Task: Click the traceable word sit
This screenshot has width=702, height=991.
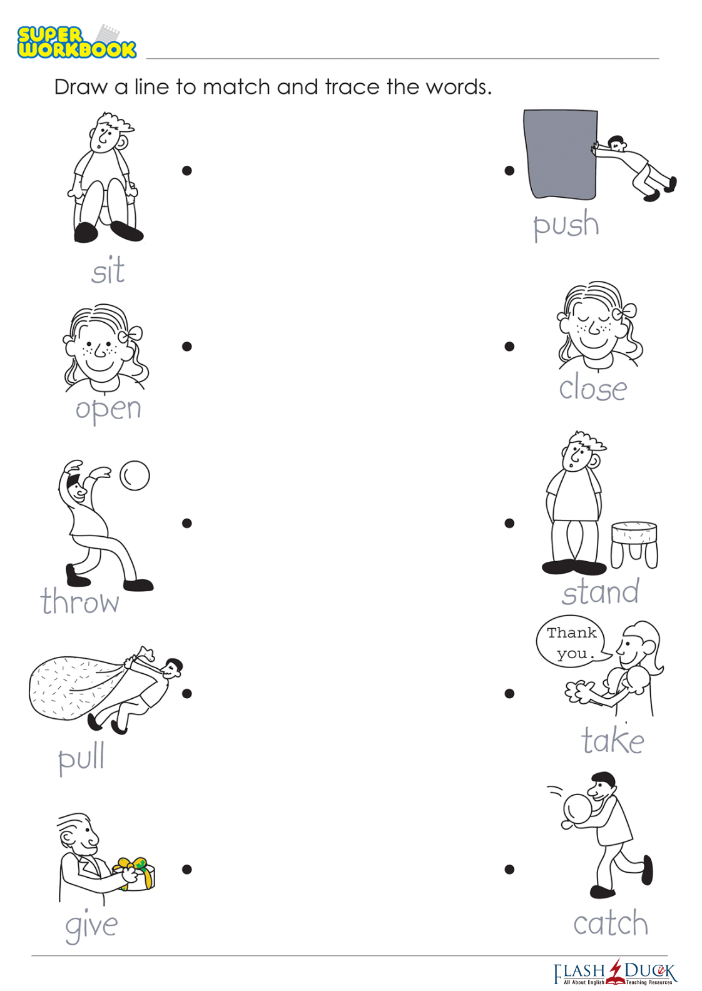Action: [x=108, y=270]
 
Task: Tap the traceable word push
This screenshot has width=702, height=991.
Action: [x=566, y=225]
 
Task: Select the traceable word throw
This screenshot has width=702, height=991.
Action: [x=80, y=601]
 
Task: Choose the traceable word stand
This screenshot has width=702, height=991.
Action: [x=601, y=591]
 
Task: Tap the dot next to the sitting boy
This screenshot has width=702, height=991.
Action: [x=186, y=170]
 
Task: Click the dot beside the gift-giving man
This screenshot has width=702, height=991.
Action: [x=186, y=870]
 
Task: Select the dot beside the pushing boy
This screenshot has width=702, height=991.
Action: [x=509, y=170]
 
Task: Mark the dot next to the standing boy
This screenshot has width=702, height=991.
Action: [x=509, y=523]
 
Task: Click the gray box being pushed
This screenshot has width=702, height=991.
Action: [x=561, y=155]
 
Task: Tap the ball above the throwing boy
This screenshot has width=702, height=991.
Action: [x=135, y=475]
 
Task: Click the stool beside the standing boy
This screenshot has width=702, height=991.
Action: [x=634, y=544]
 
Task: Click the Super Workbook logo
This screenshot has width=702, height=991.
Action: [x=76, y=41]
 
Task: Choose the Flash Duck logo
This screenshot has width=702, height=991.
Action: [x=615, y=974]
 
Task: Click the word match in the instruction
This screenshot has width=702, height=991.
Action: [x=237, y=87]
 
